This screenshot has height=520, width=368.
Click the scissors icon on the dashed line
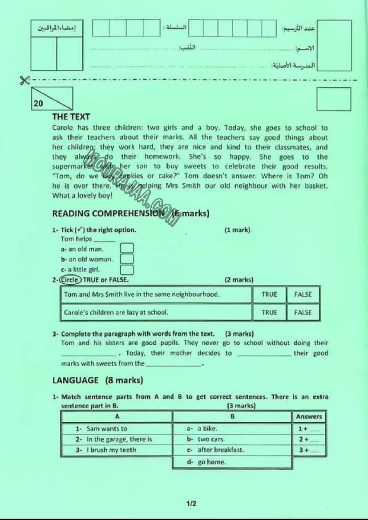24,80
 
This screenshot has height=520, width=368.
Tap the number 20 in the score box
38,104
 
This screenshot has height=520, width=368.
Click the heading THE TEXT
71,117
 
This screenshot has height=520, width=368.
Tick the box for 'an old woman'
127,259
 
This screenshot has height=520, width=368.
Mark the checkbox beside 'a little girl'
127,269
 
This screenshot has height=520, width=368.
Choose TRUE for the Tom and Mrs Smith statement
269,294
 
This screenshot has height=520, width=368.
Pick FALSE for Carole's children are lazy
303,312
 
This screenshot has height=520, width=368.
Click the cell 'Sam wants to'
107,429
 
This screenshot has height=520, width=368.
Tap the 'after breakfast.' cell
221,450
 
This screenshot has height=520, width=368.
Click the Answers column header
308,417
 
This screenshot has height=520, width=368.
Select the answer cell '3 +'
309,450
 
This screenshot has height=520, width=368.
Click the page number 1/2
191,504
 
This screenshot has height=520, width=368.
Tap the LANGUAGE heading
75,380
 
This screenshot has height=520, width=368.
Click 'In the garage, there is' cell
119,439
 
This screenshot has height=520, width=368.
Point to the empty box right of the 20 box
333,99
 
